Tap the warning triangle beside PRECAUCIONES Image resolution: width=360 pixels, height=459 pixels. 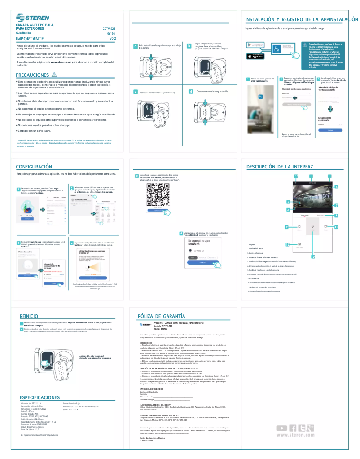pos(54,74)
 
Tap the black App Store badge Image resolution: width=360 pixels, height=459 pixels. pos(255,56)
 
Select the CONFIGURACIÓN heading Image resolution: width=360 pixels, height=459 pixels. pos(34,167)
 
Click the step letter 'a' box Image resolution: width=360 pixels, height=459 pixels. pos(136,46)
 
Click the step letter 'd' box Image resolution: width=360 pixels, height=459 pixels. pos(191,92)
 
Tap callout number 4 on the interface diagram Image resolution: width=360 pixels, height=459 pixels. pos(336,186)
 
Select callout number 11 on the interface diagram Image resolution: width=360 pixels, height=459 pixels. pos(335,227)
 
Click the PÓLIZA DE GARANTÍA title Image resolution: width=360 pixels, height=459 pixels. pos(161,316)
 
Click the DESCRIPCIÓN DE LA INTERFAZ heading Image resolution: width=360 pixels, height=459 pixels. pos(280,167)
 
